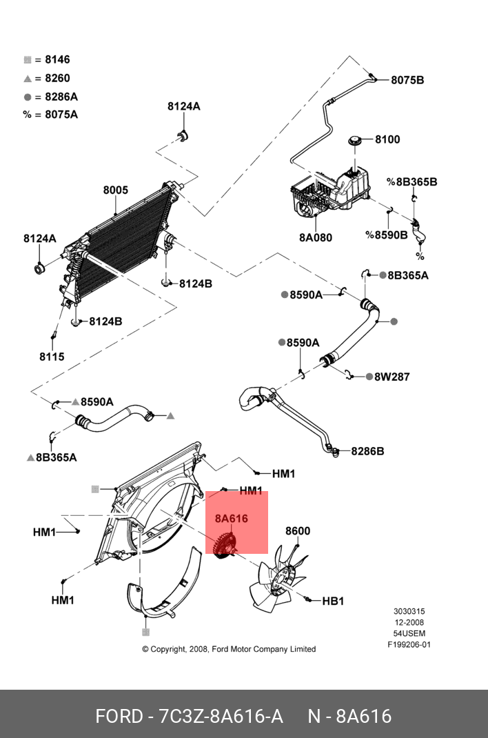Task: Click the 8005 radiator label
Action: [116, 190]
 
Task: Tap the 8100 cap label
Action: [387, 139]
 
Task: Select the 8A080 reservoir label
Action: [316, 238]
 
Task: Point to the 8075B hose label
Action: [407, 80]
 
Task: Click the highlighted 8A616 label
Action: [231, 519]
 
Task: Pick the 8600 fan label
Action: [298, 531]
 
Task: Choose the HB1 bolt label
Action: [333, 601]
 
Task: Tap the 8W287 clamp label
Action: [392, 377]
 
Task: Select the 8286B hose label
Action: [367, 452]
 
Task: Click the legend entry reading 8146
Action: [57, 60]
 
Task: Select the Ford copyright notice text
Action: [229, 649]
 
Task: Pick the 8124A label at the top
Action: [183, 106]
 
